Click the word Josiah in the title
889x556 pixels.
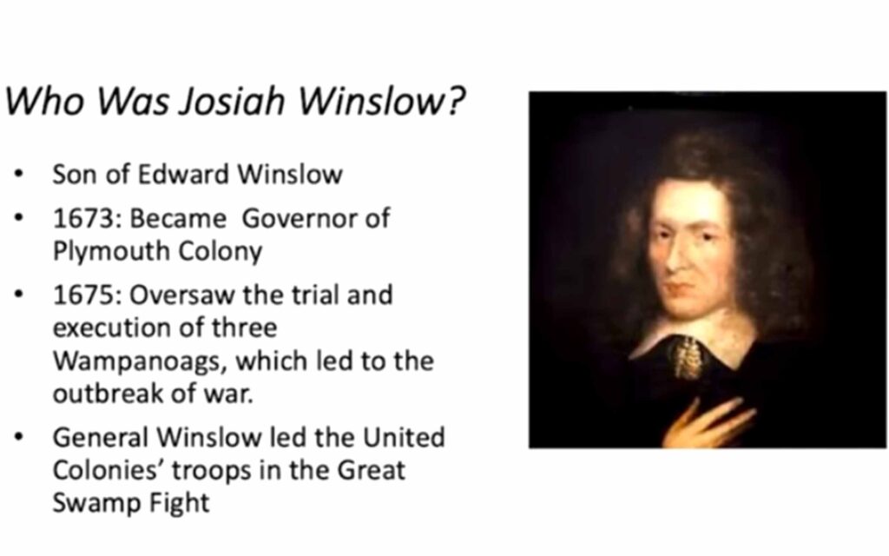pos(231,101)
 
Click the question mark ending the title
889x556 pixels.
pos(454,101)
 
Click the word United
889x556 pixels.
pos(404,438)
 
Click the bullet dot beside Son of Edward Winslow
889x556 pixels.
pos(19,174)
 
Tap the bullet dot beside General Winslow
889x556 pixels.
pos(19,438)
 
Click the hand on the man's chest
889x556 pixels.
pos(708,424)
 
